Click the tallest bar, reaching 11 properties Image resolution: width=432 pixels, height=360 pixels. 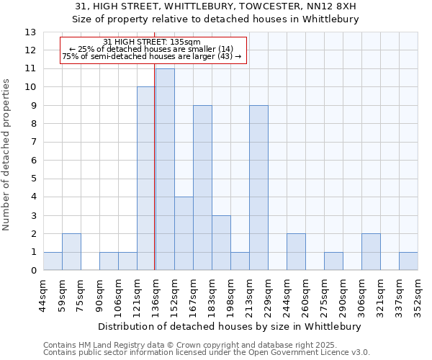pos(165,169)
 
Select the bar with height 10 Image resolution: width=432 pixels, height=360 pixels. pos(145,179)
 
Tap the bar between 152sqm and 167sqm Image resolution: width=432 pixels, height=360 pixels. pos(184,233)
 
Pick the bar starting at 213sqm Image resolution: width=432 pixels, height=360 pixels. pos(258,188)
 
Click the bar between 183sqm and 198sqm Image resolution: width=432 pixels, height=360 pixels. pos(221,243)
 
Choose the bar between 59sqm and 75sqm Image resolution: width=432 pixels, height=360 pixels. pos(71,252)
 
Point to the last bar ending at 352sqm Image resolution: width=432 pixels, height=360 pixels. pos(408,261)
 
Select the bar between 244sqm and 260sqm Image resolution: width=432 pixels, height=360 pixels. pos(296,252)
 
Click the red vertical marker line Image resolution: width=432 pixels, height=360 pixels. pos(155,166)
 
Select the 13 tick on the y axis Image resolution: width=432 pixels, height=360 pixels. pos(30,32)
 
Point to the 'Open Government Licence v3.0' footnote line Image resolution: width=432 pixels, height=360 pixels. pos(207,353)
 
